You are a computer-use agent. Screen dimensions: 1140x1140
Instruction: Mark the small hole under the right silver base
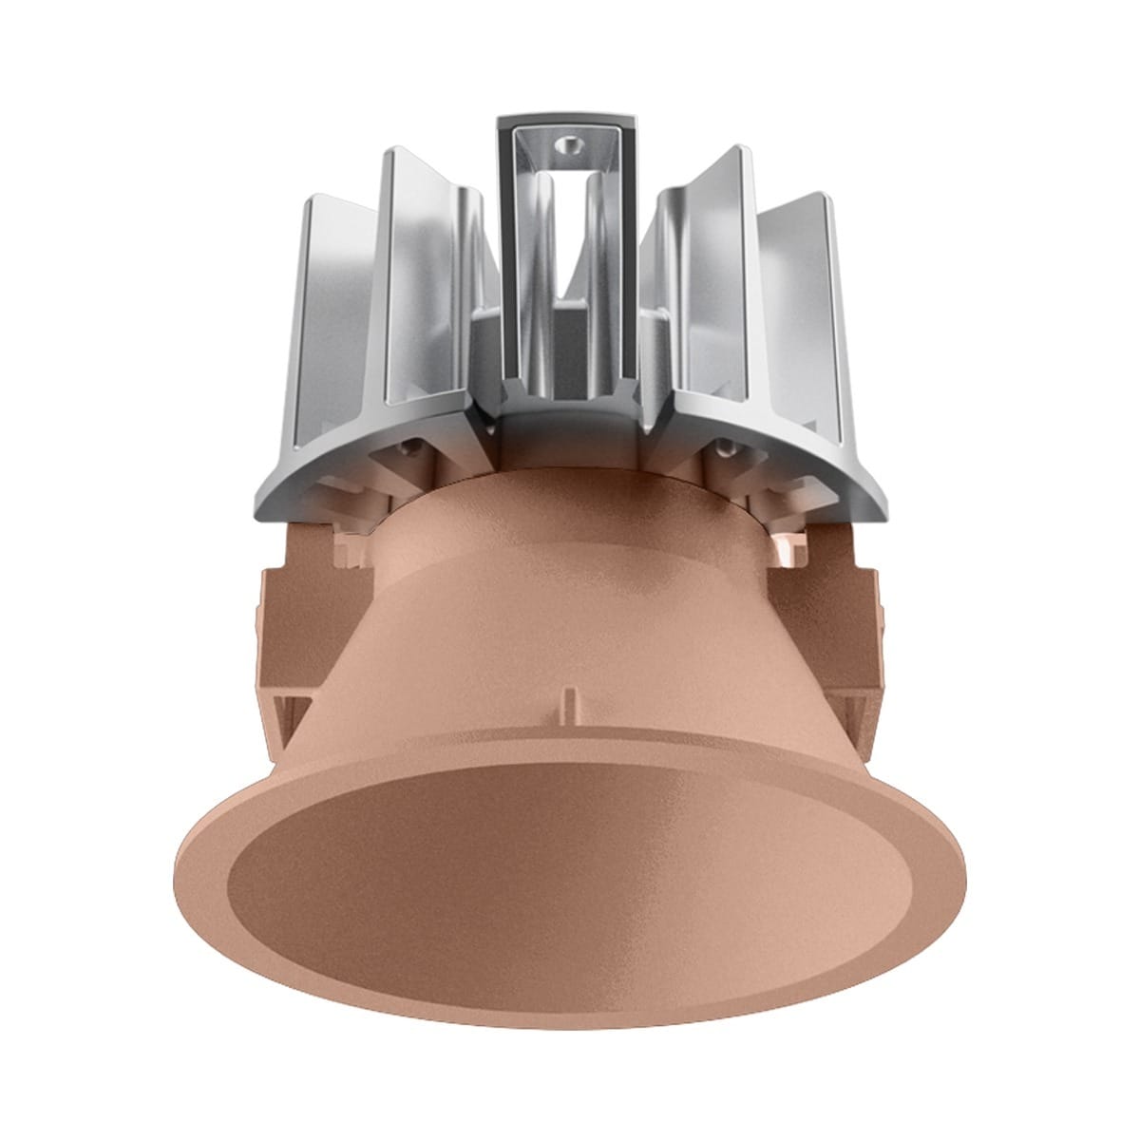tap(728, 443)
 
